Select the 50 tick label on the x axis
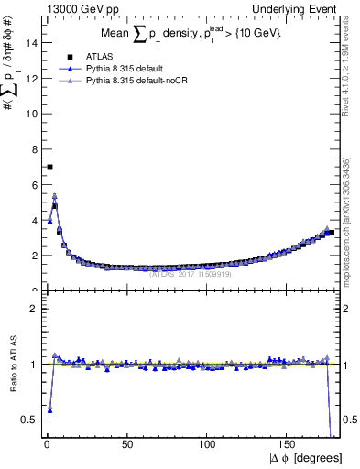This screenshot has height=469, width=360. (x=127, y=444)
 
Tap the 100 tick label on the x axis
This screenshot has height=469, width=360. (x=208, y=444)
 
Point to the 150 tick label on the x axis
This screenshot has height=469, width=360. (x=289, y=444)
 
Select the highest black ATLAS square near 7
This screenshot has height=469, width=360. (x=49, y=167)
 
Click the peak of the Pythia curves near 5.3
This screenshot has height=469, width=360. (x=54, y=196)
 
